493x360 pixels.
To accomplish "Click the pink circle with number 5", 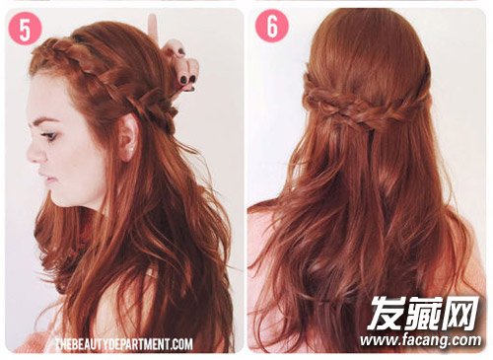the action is click(x=25, y=30).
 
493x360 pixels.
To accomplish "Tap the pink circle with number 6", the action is click(x=272, y=26).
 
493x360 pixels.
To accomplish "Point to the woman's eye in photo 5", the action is click(x=50, y=135).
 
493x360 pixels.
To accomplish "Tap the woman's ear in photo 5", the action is click(x=128, y=138).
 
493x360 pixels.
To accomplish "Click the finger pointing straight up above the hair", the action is click(x=153, y=28).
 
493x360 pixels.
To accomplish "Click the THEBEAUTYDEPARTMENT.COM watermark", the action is click(x=124, y=344).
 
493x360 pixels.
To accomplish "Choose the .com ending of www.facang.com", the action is click(x=465, y=340).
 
